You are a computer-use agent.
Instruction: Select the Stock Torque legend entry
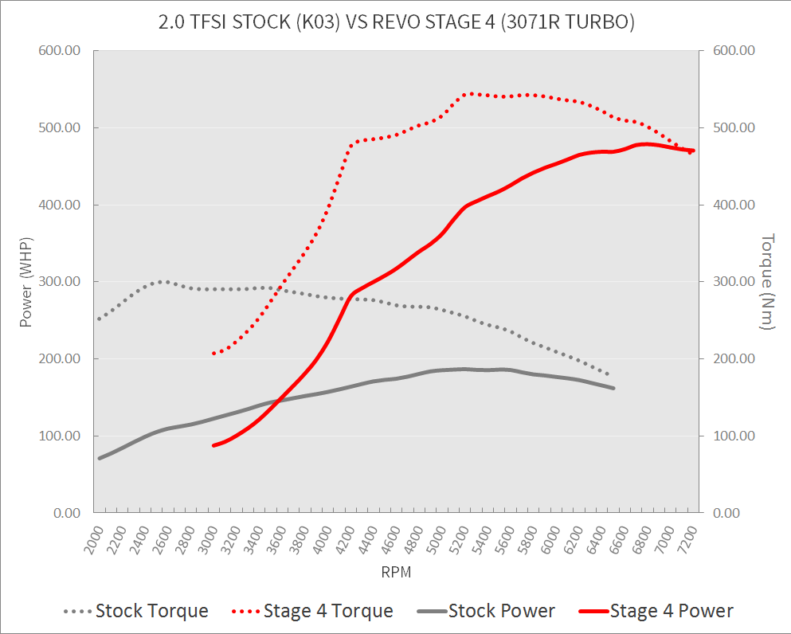pyautogui.click(x=151, y=611)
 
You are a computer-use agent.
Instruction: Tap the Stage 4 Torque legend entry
pyautogui.click(x=327, y=611)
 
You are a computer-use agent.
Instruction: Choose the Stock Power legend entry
pyautogui.click(x=501, y=611)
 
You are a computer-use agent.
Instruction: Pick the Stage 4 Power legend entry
pyautogui.click(x=671, y=611)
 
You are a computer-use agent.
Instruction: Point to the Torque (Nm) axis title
pyautogui.click(x=768, y=281)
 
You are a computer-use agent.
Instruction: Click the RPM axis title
pyautogui.click(x=396, y=571)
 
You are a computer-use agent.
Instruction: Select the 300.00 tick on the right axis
pyautogui.click(x=734, y=282)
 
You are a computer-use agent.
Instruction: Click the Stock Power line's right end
pyautogui.click(x=613, y=388)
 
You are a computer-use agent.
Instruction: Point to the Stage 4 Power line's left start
pyautogui.click(x=213, y=445)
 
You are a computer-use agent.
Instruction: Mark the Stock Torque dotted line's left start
pyautogui.click(x=99, y=319)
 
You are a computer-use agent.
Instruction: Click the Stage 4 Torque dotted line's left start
pyautogui.click(x=213, y=353)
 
